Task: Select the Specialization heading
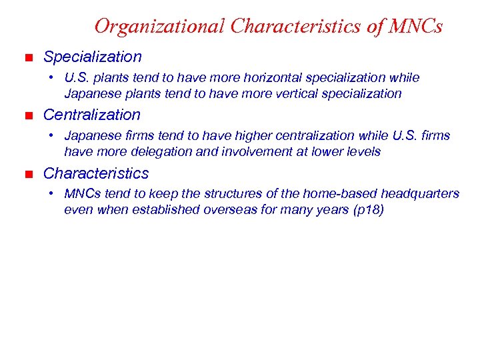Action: pyautogui.click(x=93, y=57)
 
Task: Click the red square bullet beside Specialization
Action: pyautogui.click(x=28, y=57)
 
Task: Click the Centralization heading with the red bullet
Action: pyautogui.click(x=92, y=115)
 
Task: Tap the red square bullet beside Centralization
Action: pyautogui.click(x=28, y=115)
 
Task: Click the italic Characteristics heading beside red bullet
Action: pyautogui.click(x=96, y=173)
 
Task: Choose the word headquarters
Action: pyautogui.click(x=420, y=194)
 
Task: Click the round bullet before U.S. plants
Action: pyautogui.click(x=51, y=78)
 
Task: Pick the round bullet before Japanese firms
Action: pyautogui.click(x=51, y=136)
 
